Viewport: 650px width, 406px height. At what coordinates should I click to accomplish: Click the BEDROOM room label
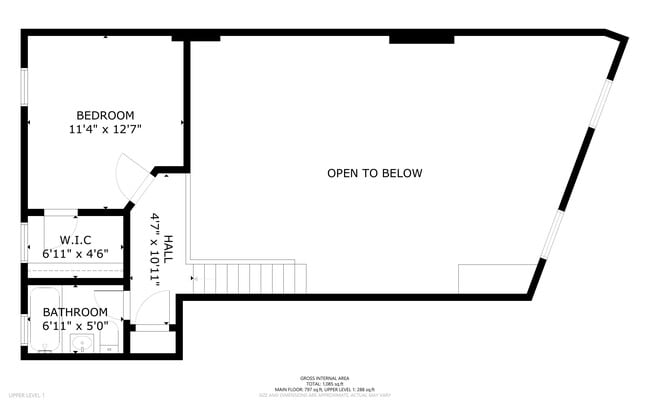coord(105,115)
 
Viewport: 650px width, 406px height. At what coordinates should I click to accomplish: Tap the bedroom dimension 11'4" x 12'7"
coord(105,129)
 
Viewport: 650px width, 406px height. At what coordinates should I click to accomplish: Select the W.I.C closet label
coord(76,240)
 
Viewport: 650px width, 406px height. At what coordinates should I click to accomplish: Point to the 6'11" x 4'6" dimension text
coord(76,254)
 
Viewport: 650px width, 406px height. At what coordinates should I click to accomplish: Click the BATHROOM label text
coord(75,312)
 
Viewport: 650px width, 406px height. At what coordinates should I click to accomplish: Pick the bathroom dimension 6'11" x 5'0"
coord(75,326)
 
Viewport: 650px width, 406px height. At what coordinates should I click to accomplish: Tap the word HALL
coord(169,249)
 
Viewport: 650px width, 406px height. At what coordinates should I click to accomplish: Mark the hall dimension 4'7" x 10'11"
coord(155,249)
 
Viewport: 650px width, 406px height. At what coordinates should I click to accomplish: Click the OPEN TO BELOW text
coord(374,173)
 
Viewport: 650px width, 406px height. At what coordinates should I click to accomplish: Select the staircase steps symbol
coord(250,277)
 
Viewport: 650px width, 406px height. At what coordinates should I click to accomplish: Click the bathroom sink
coord(82,344)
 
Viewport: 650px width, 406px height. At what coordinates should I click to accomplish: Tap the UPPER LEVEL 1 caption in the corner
coord(26,396)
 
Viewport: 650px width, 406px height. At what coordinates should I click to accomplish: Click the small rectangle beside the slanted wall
coord(497,277)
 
